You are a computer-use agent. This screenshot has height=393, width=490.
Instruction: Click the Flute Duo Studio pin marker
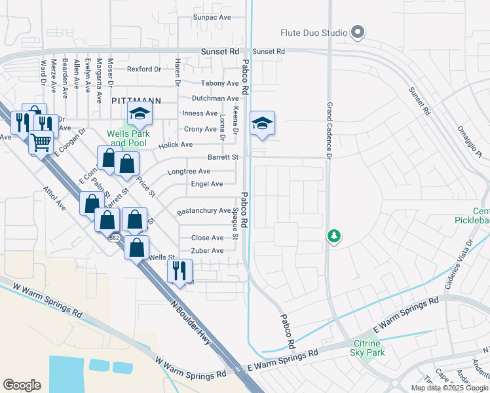click(x=357, y=31)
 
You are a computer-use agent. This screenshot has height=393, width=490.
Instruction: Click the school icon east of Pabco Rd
click(x=262, y=124)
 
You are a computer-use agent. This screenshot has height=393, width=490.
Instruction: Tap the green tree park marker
click(x=334, y=235)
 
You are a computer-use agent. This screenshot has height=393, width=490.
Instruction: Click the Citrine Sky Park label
click(x=368, y=348)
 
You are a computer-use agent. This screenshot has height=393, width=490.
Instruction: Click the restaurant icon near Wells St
click(x=178, y=269)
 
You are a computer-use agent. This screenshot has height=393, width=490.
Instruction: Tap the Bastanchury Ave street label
click(x=204, y=211)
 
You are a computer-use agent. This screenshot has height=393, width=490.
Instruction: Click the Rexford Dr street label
click(x=143, y=69)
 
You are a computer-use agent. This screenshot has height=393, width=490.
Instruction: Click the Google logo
click(x=22, y=385)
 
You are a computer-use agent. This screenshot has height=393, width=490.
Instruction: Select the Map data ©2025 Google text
click(x=449, y=388)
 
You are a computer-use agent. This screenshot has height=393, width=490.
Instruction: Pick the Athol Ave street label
click(x=56, y=197)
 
